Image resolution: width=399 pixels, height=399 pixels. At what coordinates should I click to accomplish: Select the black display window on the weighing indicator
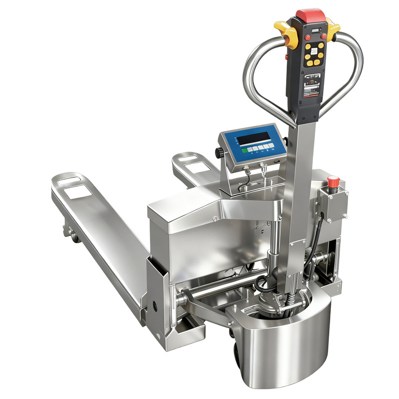pyautogui.click(x=253, y=138)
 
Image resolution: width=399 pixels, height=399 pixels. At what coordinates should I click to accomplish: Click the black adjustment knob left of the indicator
pyautogui.click(x=218, y=152)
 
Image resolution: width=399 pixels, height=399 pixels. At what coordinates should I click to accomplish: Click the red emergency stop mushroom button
pyautogui.click(x=333, y=181)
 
